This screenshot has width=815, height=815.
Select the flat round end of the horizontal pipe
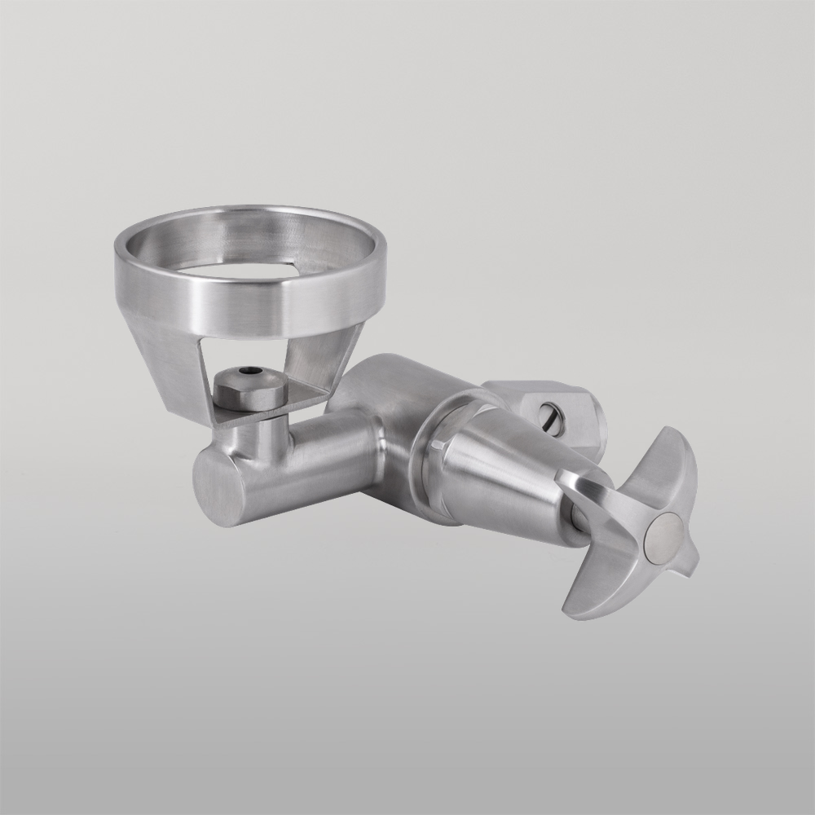(x=218, y=486)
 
